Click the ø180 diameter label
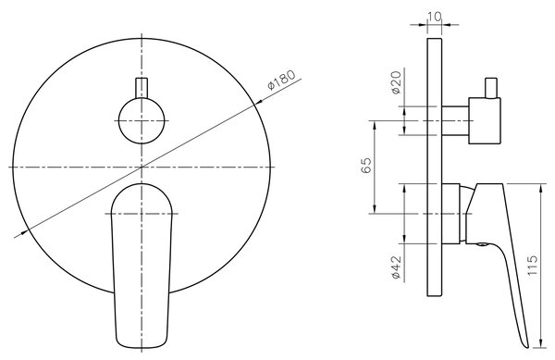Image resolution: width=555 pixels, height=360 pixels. tap(281, 81)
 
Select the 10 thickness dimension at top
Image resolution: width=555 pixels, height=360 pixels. tap(435, 17)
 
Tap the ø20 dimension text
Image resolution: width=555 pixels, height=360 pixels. tap(397, 82)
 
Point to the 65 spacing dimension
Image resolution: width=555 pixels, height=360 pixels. tap(366, 165)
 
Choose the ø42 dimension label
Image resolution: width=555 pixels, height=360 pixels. tap(397, 267)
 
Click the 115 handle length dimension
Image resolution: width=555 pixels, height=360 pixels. tap(532, 266)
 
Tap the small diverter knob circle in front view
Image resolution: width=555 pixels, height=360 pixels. tap(142, 120)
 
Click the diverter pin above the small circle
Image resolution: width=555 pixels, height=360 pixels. tap(142, 88)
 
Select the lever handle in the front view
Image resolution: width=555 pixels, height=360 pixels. tap(142, 265)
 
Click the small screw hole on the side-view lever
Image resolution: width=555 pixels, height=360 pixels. tap(481, 244)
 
